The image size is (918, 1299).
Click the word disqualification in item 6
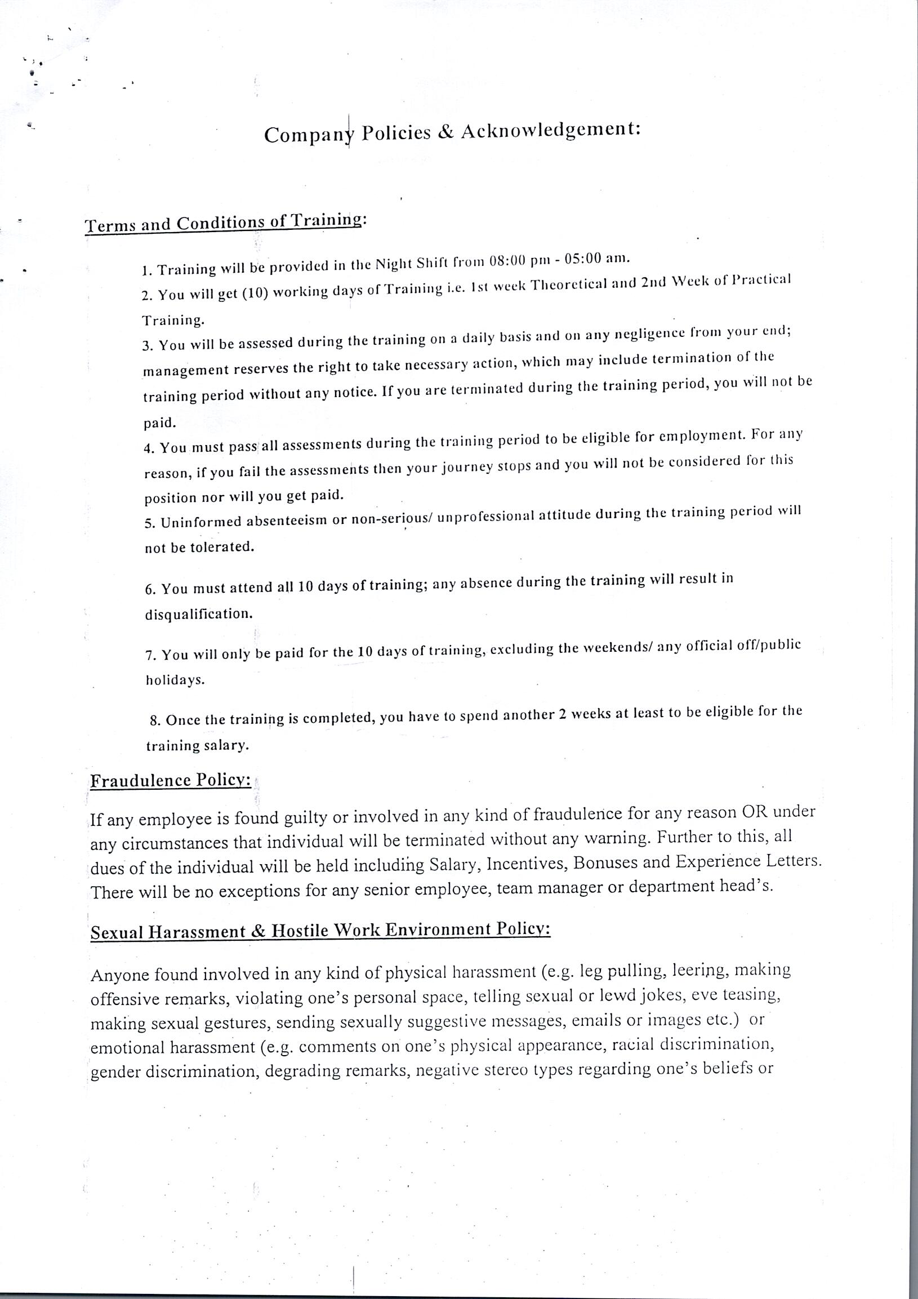(199, 614)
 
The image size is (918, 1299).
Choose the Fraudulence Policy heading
(171, 781)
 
